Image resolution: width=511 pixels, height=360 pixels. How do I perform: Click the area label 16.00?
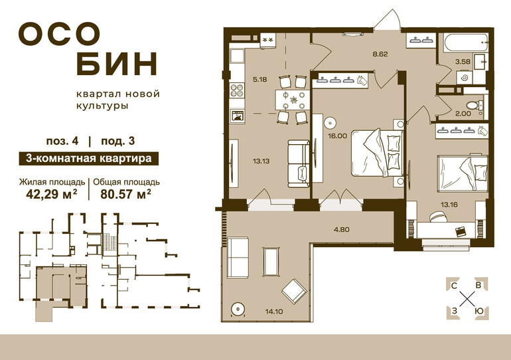click(337, 135)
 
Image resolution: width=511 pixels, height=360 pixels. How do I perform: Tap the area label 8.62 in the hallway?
click(380, 54)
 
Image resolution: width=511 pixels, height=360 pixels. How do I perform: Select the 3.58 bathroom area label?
click(463, 61)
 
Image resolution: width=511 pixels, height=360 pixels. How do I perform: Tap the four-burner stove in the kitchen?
click(237, 90)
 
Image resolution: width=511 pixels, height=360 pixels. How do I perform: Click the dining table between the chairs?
click(292, 100)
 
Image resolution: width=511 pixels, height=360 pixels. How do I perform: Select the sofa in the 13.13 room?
click(299, 163)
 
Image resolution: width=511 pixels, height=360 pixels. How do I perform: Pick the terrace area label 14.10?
click(273, 312)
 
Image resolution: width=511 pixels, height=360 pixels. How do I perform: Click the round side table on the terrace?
click(238, 308)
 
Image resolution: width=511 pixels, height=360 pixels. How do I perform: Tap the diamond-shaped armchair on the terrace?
click(293, 291)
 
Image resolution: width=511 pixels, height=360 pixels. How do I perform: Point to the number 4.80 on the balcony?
click(342, 230)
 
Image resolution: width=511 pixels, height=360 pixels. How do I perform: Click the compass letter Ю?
click(479, 311)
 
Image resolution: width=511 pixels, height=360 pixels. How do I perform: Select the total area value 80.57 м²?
click(125, 195)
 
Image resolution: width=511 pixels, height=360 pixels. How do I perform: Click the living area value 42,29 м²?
click(52, 195)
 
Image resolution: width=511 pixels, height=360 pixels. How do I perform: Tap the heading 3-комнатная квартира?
click(89, 159)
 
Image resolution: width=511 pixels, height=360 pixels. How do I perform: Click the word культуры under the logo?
click(102, 106)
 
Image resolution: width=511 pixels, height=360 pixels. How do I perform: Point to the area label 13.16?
click(449, 205)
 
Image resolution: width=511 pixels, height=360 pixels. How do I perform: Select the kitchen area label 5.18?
click(259, 79)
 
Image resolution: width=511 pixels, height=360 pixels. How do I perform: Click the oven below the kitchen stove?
click(238, 116)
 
